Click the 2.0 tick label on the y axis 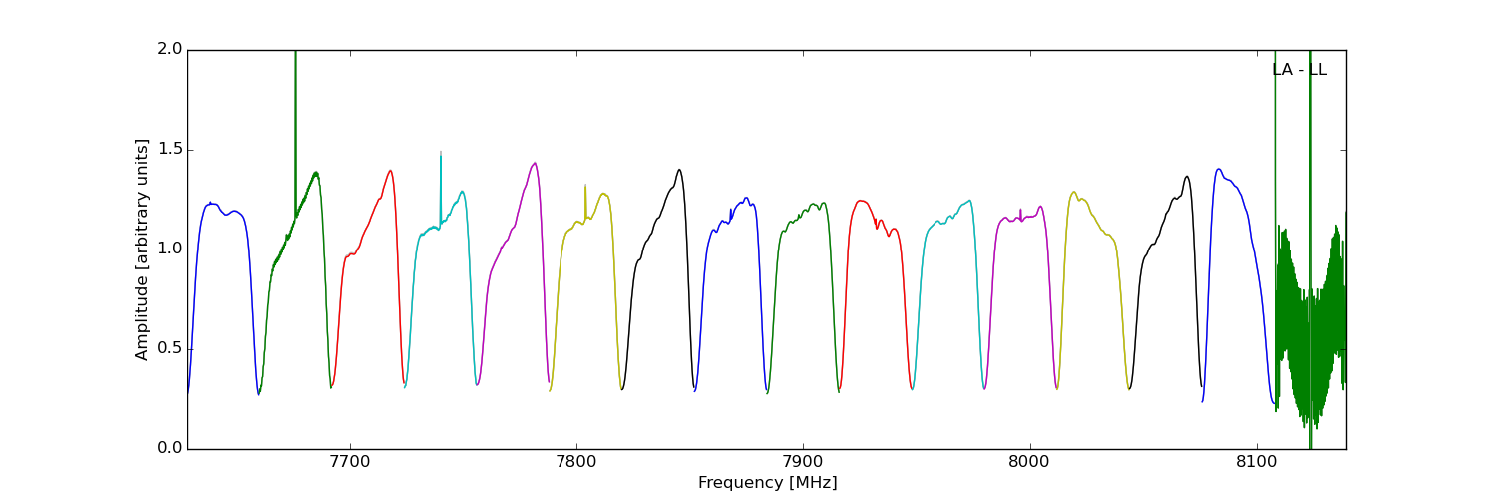click(x=170, y=50)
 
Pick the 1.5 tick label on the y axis click(x=170, y=150)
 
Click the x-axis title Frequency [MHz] click(x=767, y=483)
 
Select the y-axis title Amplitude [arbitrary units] click(x=142, y=249)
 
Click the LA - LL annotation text click(x=1299, y=70)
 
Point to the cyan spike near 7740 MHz click(x=440, y=156)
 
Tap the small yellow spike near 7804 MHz click(x=585, y=187)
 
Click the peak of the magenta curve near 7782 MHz click(x=536, y=163)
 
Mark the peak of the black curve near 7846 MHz click(x=679, y=170)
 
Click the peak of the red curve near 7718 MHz click(x=390, y=170)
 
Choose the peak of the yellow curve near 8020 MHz click(x=1074, y=192)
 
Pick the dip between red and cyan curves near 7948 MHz click(x=912, y=388)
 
